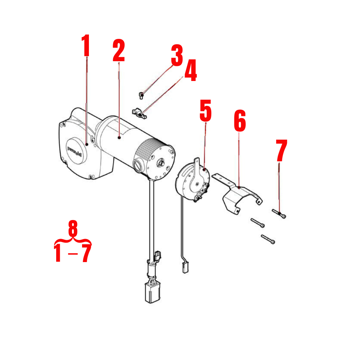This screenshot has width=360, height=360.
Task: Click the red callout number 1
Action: (86, 46)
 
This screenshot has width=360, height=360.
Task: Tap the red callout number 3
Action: (176, 55)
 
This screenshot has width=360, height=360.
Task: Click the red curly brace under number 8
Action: (73, 240)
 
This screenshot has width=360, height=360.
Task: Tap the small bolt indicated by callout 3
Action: (141, 95)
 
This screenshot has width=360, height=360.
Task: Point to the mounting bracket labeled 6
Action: (238, 194)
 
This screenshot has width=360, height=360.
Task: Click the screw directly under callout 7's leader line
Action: (279, 214)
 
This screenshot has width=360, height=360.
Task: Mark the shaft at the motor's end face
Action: (161, 162)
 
